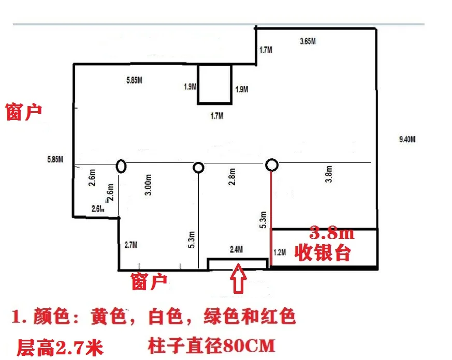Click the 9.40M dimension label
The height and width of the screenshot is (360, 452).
[407, 139]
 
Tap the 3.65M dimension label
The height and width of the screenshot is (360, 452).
[309, 41]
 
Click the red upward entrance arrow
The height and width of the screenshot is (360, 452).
[239, 280]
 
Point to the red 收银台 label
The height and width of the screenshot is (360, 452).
[323, 253]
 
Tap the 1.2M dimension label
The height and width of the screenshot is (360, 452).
[279, 252]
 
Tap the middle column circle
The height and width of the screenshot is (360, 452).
[198, 167]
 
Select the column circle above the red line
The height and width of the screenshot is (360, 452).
[272, 165]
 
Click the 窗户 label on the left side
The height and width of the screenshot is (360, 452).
[23, 112]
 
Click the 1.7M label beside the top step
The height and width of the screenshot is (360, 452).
[266, 50]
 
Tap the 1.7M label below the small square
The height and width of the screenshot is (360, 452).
[216, 116]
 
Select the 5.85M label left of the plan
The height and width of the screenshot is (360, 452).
[55, 158]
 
